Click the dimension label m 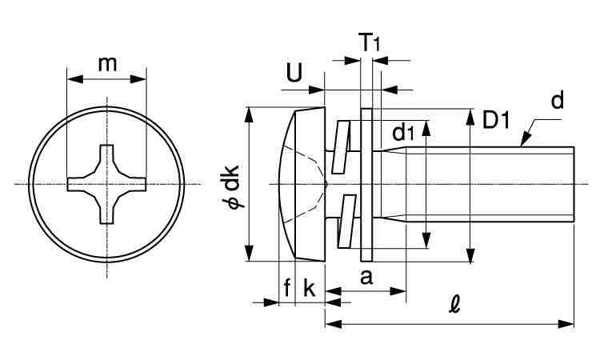tap(107, 64)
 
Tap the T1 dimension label tap(370, 42)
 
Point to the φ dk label tap(233, 187)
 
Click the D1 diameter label tap(496, 120)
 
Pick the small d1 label tap(403, 132)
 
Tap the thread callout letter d tap(557, 101)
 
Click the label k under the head tap(309, 288)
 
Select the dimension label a tap(366, 277)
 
